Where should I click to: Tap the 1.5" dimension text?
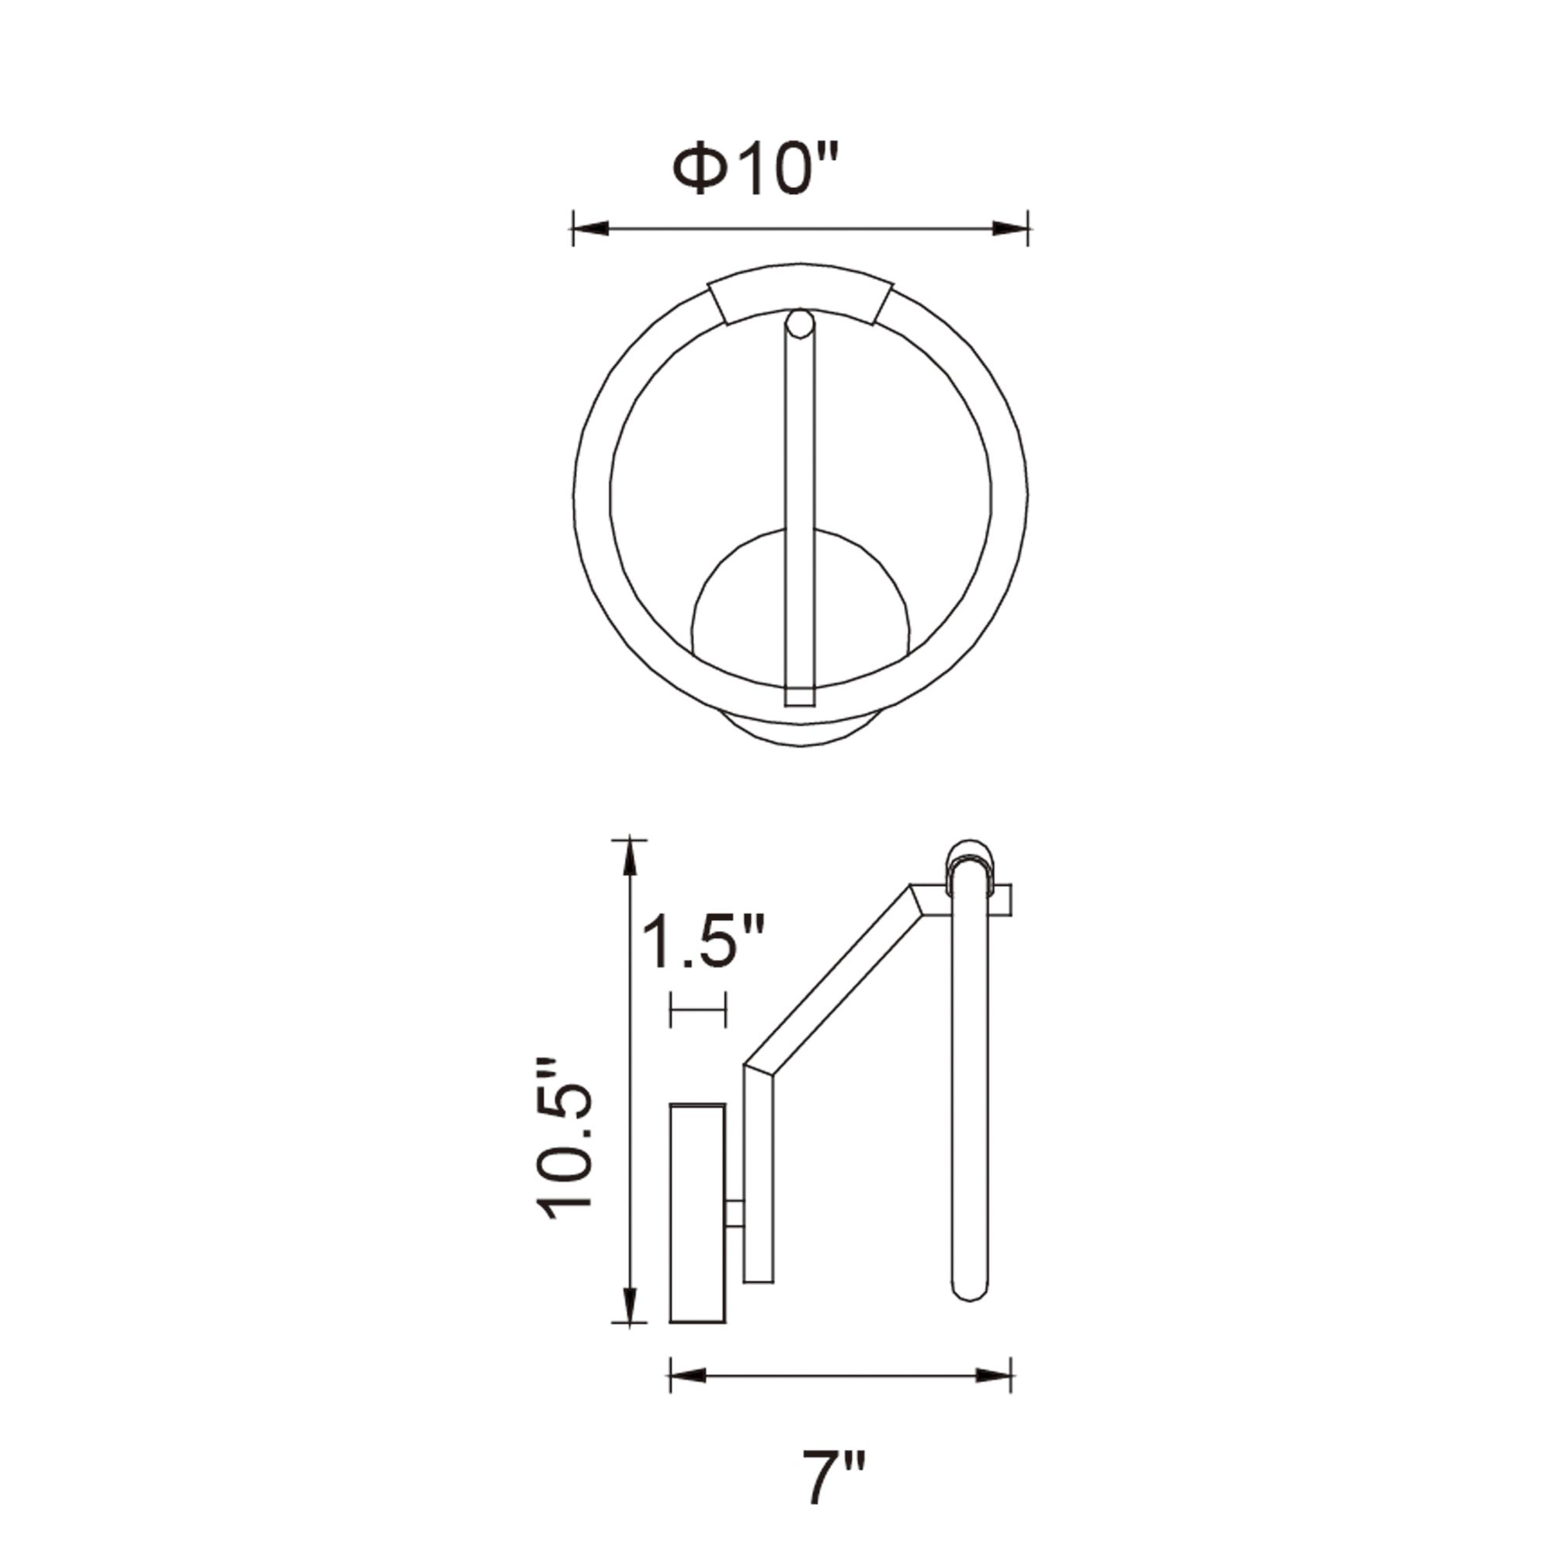pyautogui.click(x=703, y=941)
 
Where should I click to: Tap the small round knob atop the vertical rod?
pyautogui.click(x=799, y=324)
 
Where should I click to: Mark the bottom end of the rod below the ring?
pyautogui.click(x=799, y=696)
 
